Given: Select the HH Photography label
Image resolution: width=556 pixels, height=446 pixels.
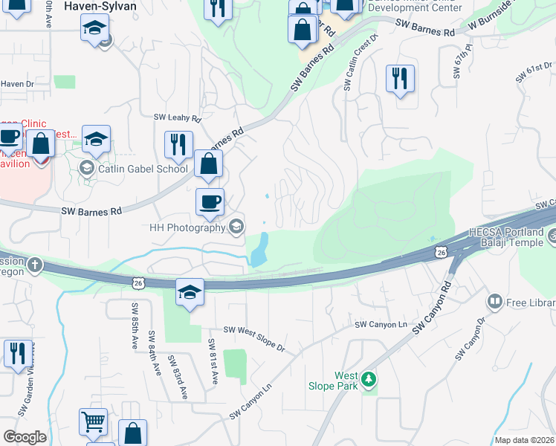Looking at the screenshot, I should point(186,227).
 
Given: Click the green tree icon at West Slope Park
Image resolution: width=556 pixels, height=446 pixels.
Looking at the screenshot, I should point(368,381).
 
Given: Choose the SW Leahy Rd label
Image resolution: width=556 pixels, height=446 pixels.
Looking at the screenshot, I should point(178,117).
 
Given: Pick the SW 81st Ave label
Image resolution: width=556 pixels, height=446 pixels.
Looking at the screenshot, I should point(213,361).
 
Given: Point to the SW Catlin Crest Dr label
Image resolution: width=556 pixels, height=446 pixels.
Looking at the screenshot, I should point(360,62).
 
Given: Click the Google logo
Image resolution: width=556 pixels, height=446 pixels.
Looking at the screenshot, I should point(25,436).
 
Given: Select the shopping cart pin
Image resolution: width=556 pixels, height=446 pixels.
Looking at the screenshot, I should point(94,422).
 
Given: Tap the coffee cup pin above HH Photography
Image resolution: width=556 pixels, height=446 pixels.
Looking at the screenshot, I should point(210,201).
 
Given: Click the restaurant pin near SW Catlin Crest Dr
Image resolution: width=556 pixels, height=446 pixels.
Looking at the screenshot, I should point(400,78).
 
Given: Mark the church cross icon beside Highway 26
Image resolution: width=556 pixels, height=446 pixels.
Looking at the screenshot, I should point(35,264).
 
